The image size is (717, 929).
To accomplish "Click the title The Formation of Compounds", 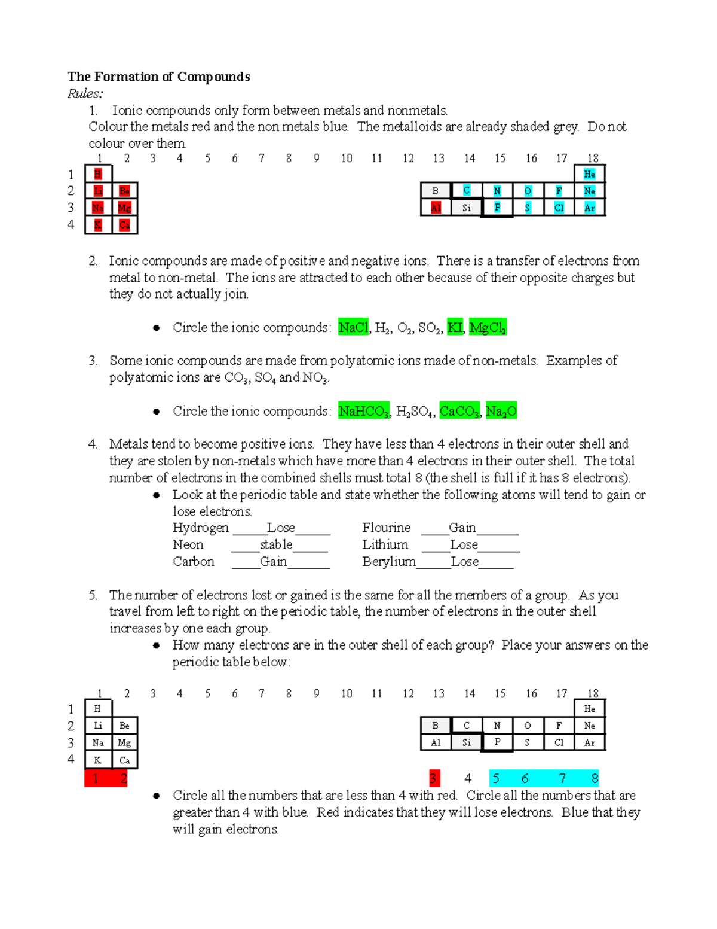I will [158, 77].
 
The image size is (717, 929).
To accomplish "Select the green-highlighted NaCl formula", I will [353, 327].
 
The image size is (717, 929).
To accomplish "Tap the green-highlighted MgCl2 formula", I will [488, 327].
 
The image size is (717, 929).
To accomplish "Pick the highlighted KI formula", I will [455, 327].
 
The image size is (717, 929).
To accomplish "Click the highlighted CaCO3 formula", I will [459, 411].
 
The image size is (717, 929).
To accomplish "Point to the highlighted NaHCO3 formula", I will [363, 411].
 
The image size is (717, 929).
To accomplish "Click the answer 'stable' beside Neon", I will [276, 544].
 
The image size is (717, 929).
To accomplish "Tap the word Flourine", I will [386, 528].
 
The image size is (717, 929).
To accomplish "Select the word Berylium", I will [388, 561].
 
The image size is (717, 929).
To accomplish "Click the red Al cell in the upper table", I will [436, 208].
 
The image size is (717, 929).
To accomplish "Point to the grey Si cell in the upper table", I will [467, 208].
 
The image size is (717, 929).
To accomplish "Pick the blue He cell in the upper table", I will [589, 174].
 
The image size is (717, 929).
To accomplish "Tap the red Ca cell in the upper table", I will [124, 225].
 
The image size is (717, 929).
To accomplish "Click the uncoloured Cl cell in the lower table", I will [559, 742].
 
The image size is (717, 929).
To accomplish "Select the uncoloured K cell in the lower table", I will [97, 760].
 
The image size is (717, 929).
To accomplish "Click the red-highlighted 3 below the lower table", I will [434, 778].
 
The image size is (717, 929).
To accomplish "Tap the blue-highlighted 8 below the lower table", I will [595, 778].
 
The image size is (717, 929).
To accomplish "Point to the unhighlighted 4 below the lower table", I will [468, 778].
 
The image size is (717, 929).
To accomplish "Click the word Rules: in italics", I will [85, 93].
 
